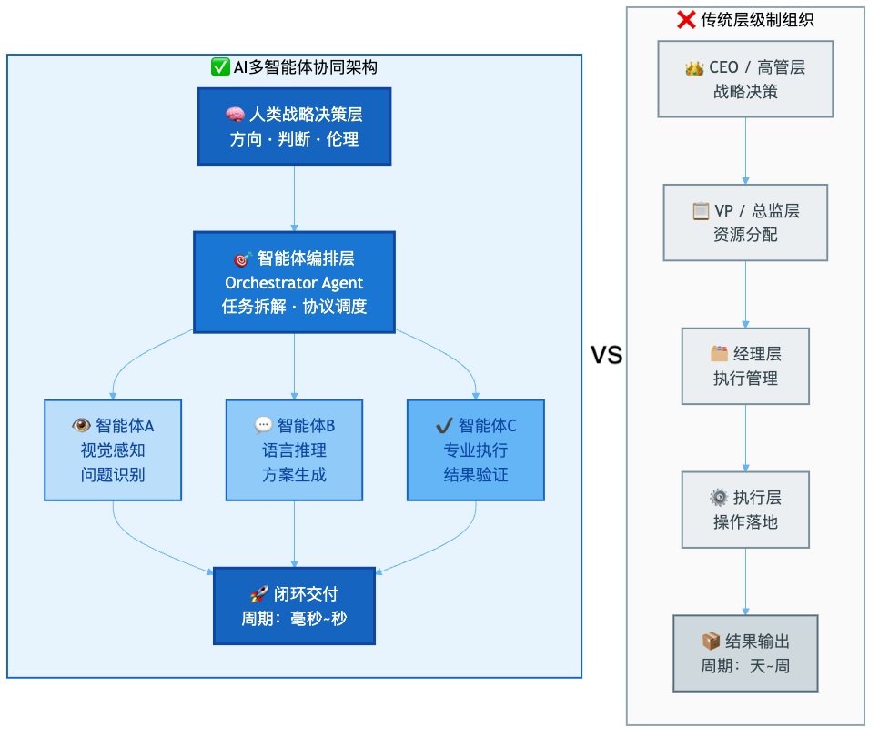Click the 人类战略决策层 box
(294, 126)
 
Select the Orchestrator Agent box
(294, 282)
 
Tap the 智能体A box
(113, 450)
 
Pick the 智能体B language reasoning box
(294, 450)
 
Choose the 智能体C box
(475, 450)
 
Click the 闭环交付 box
(294, 606)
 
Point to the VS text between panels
(607, 356)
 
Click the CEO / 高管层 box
(745, 79)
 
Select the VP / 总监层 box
(745, 222)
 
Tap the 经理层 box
(745, 366)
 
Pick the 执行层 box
(745, 510)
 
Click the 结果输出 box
(745, 653)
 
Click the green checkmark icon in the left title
(220, 67)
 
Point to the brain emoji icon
(235, 115)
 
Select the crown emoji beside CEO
(695, 67)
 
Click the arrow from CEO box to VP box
(745, 151)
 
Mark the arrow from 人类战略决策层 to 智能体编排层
(294, 197)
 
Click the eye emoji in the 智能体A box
(82, 425)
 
